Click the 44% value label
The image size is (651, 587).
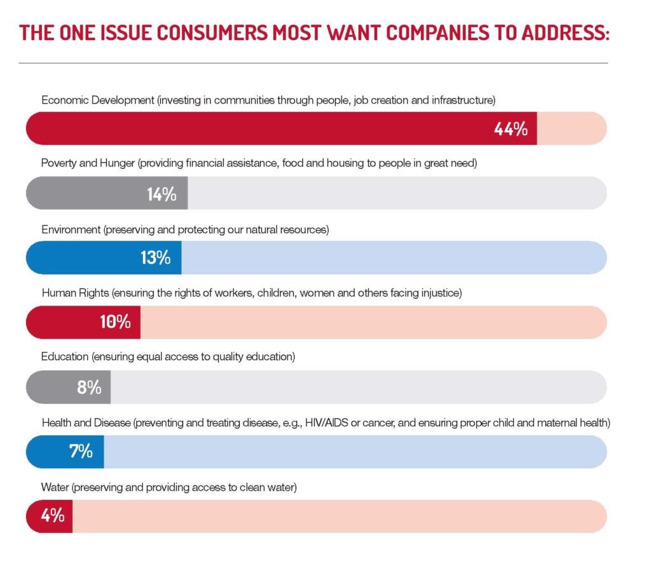tap(511, 129)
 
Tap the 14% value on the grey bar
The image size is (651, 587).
tap(161, 194)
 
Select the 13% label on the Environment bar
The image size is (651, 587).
tap(155, 258)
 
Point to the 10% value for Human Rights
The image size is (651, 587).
tap(115, 322)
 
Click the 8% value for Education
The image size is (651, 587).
tap(89, 387)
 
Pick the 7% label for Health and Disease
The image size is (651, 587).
tap(81, 452)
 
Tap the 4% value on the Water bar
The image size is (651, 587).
tap(53, 516)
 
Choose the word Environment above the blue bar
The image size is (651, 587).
tap(71, 229)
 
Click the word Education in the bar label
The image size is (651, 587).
tap(65, 357)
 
